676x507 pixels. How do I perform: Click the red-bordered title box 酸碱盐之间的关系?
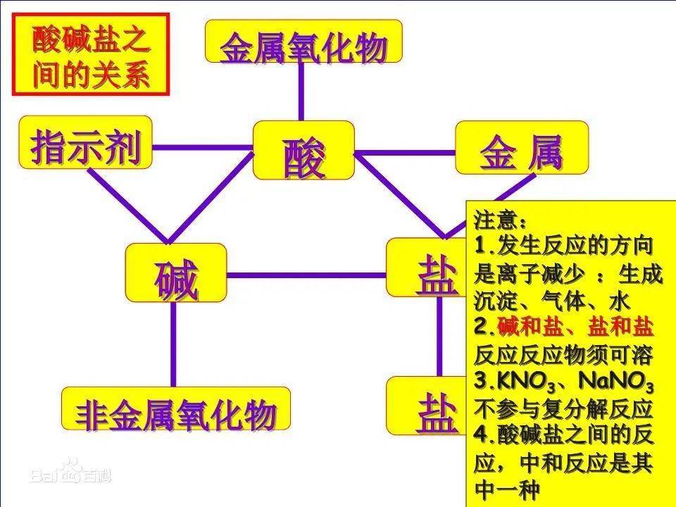point(91,54)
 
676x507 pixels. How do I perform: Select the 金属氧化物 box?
point(303,42)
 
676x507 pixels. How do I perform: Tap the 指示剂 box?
point(85,142)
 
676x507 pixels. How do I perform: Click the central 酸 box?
point(303,151)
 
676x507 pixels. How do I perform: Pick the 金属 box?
point(522,148)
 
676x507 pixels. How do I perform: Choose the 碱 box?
point(176,273)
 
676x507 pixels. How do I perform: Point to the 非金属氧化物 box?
point(176,408)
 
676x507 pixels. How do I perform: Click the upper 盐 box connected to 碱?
point(427,268)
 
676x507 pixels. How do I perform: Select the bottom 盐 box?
point(427,406)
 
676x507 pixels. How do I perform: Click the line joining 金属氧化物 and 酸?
point(301,92)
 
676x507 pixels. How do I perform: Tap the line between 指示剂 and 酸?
point(203,147)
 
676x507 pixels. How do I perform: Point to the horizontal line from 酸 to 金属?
point(405,153)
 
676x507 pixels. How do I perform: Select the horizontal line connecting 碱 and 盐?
point(306,275)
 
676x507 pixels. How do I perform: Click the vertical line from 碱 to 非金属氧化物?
point(173,344)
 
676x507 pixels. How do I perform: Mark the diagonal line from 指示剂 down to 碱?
point(128,205)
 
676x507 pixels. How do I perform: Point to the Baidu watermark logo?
point(70,472)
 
